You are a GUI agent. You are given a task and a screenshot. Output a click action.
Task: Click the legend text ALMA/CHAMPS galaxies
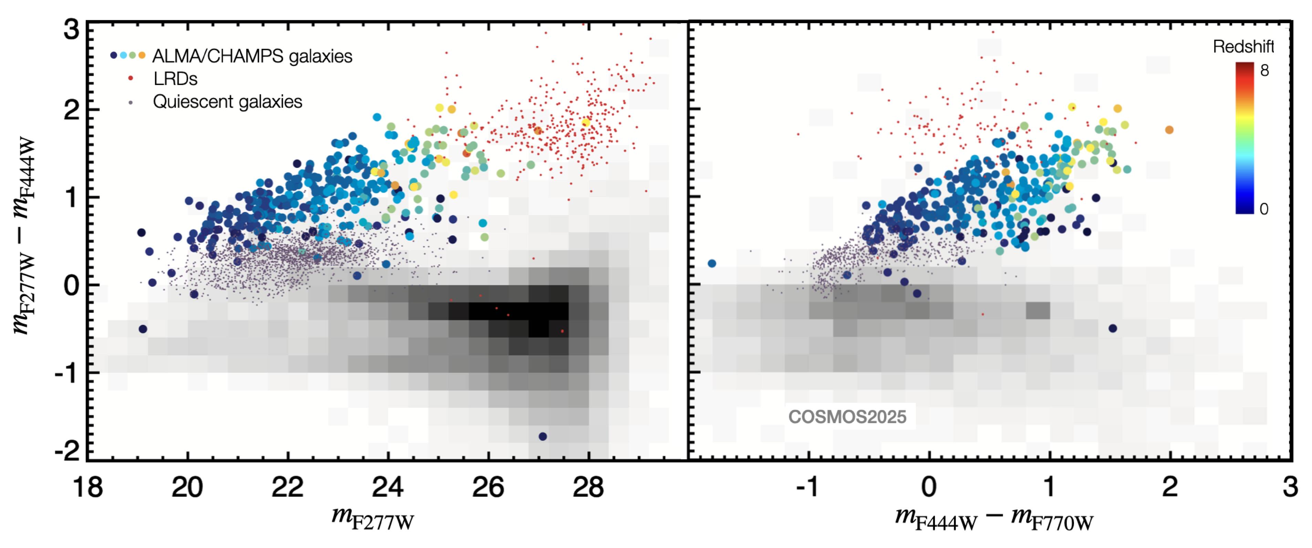(x=252, y=56)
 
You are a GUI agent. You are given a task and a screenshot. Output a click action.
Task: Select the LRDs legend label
(x=175, y=79)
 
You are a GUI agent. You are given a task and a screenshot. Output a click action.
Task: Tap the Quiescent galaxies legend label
(x=227, y=102)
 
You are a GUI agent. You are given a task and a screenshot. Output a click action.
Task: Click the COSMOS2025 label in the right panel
(x=847, y=417)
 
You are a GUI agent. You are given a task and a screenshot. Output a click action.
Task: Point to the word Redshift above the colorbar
(x=1243, y=47)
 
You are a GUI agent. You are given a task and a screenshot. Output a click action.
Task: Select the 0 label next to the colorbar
(x=1263, y=209)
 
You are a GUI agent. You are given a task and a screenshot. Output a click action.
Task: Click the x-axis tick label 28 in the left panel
(x=588, y=487)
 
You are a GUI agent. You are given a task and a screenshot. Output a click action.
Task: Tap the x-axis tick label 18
(x=87, y=487)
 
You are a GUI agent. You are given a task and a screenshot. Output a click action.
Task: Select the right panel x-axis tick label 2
(x=1169, y=487)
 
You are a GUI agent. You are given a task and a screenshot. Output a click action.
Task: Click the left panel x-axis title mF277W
(x=372, y=518)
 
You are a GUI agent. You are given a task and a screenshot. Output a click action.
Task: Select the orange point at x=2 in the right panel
(x=1169, y=130)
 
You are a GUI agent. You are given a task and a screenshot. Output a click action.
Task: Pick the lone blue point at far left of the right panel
(x=712, y=264)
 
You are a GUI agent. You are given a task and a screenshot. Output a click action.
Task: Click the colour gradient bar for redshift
(x=1244, y=138)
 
